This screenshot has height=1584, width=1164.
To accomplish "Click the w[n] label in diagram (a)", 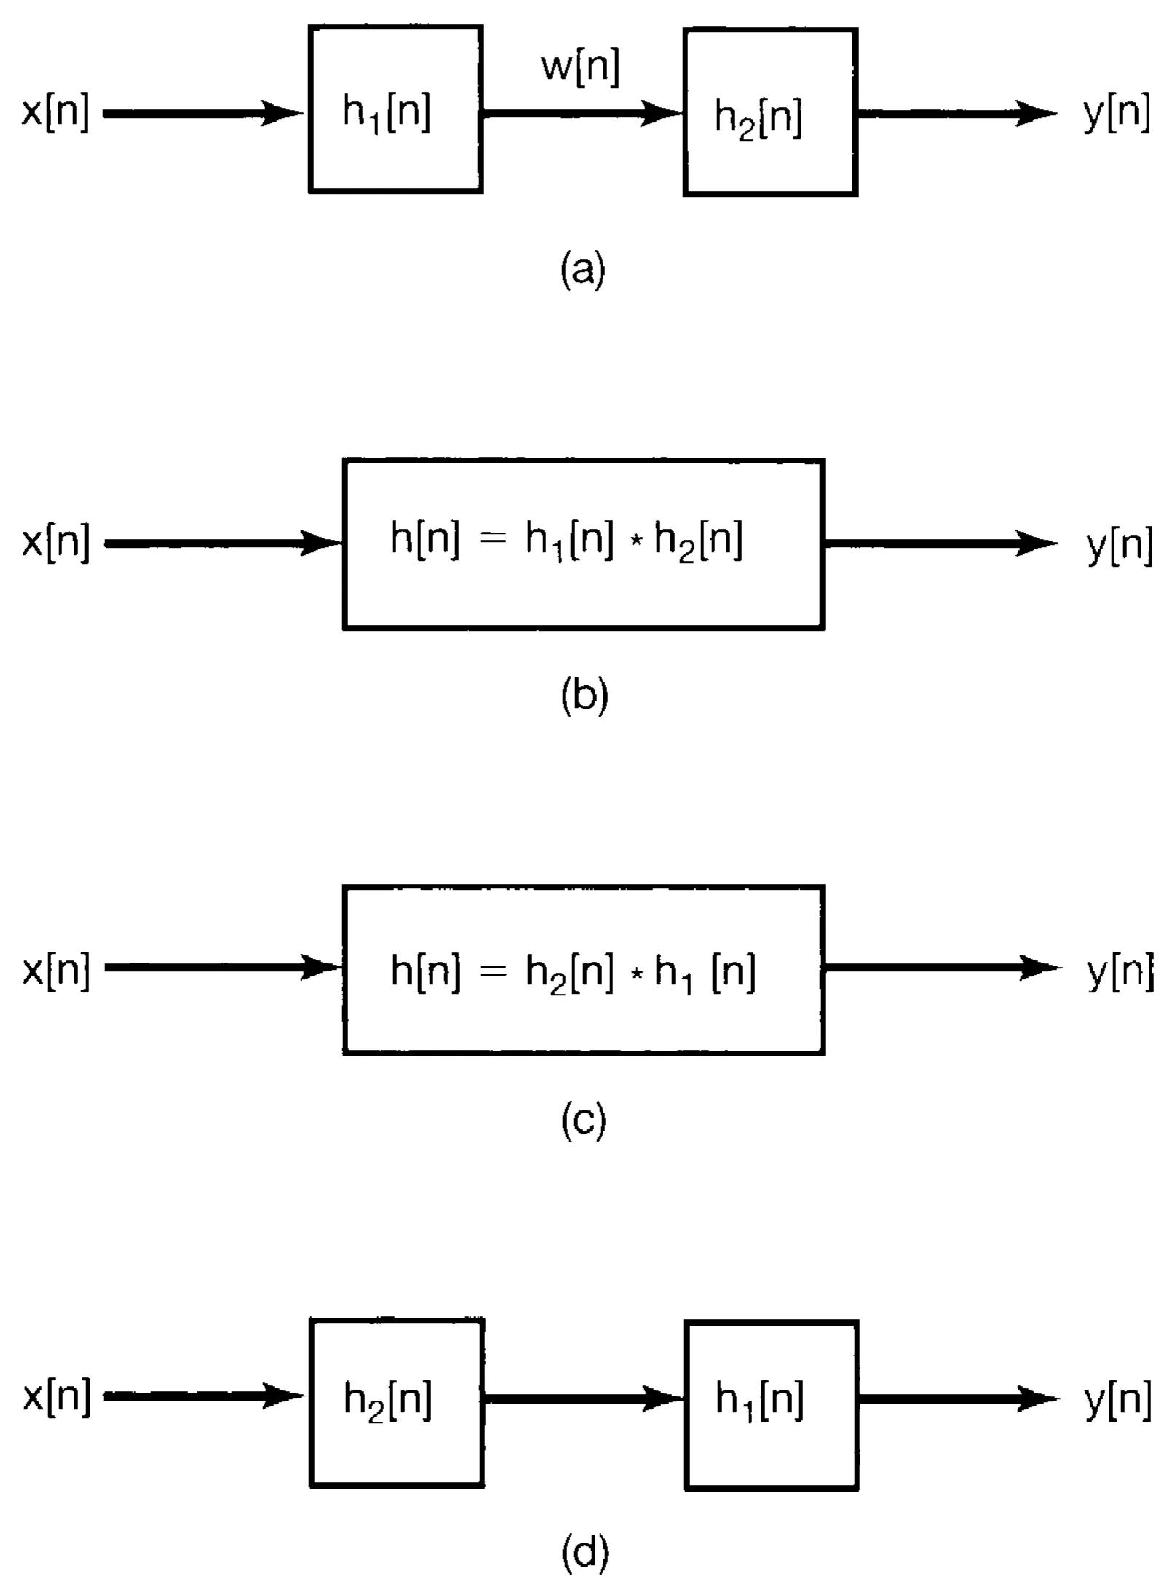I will coord(580,68).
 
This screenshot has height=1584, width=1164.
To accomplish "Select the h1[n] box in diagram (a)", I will coord(395,109).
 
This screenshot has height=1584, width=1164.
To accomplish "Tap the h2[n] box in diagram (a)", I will coord(770,112).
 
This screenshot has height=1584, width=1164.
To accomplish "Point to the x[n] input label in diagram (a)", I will coord(55,114).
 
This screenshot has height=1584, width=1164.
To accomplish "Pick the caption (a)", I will coord(582,271).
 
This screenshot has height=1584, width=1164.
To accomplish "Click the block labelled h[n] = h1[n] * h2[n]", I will coord(583,544).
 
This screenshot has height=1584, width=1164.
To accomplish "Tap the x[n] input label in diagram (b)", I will coord(56,543).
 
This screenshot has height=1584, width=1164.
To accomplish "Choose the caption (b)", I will coord(584,696).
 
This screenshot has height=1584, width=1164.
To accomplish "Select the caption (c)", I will coord(583,1121).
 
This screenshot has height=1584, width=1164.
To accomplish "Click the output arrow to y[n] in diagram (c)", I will coord(939,968).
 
